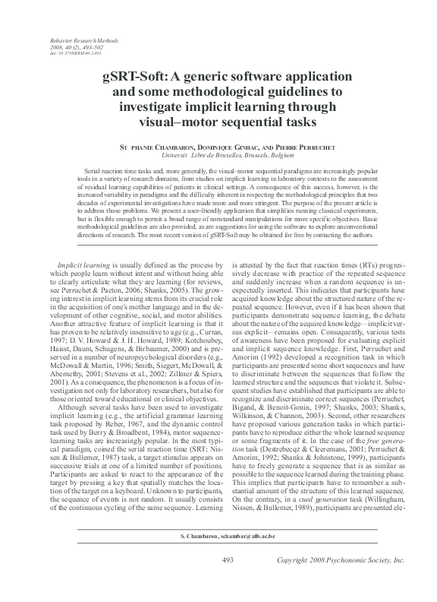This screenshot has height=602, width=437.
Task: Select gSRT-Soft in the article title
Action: (x=136, y=78)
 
